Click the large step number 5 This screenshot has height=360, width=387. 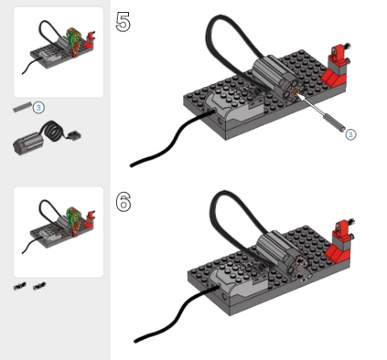[123, 22]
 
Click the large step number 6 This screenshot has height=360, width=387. [123, 201]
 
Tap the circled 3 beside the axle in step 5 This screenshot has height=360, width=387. [351, 134]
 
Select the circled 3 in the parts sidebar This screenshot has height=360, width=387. [39, 107]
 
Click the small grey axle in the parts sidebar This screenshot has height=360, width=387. [23, 107]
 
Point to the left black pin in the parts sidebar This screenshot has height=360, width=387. [20, 286]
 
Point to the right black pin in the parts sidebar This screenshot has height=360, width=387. [40, 286]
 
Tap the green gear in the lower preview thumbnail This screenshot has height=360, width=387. [74, 218]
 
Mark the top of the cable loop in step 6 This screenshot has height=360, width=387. [224, 192]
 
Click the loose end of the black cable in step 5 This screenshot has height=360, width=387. [131, 165]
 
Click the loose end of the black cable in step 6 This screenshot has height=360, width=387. [135, 341]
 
